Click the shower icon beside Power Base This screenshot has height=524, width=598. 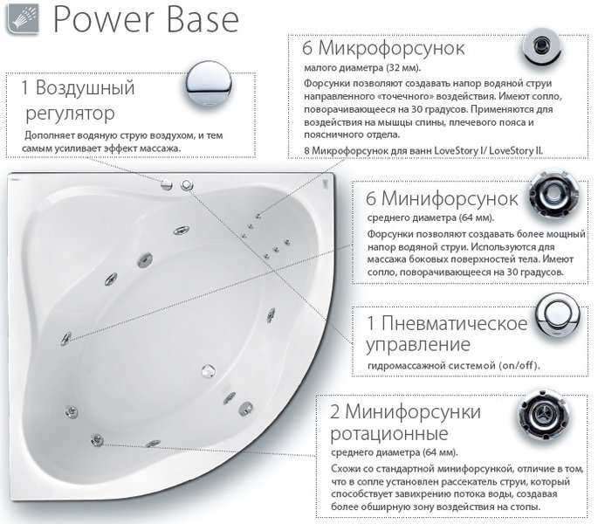tap(23, 19)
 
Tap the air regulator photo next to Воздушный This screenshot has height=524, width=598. tap(209, 85)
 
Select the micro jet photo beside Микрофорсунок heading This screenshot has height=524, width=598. tap(541, 46)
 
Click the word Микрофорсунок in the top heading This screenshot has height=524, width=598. tap(391, 48)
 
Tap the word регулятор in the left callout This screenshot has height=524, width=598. tap(70, 114)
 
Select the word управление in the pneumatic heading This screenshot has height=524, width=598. tap(418, 345)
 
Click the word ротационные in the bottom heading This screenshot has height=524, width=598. tap(389, 433)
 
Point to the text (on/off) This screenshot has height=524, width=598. tap(519, 365)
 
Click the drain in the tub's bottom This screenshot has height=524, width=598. tap(209, 370)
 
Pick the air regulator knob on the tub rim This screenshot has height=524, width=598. tap(167, 185)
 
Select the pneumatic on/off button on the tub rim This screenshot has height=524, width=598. tap(187, 185)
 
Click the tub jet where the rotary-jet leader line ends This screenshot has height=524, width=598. tap(97, 440)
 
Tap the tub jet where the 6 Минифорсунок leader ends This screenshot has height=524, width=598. tap(66, 338)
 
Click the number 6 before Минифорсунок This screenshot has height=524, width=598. tap(371, 199)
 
